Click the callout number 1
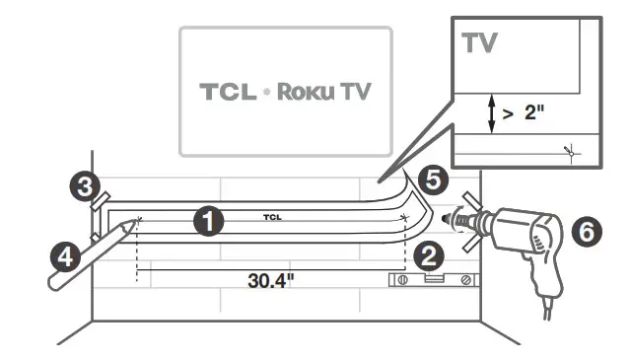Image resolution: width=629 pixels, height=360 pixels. [208, 220]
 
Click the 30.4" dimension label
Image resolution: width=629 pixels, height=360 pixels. [271, 279]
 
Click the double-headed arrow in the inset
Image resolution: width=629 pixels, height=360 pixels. [489, 112]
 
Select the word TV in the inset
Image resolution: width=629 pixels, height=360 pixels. [480, 43]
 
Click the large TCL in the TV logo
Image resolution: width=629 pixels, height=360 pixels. [228, 92]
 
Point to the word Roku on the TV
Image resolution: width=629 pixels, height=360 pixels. [306, 92]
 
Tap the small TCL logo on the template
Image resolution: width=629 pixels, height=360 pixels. [271, 215]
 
